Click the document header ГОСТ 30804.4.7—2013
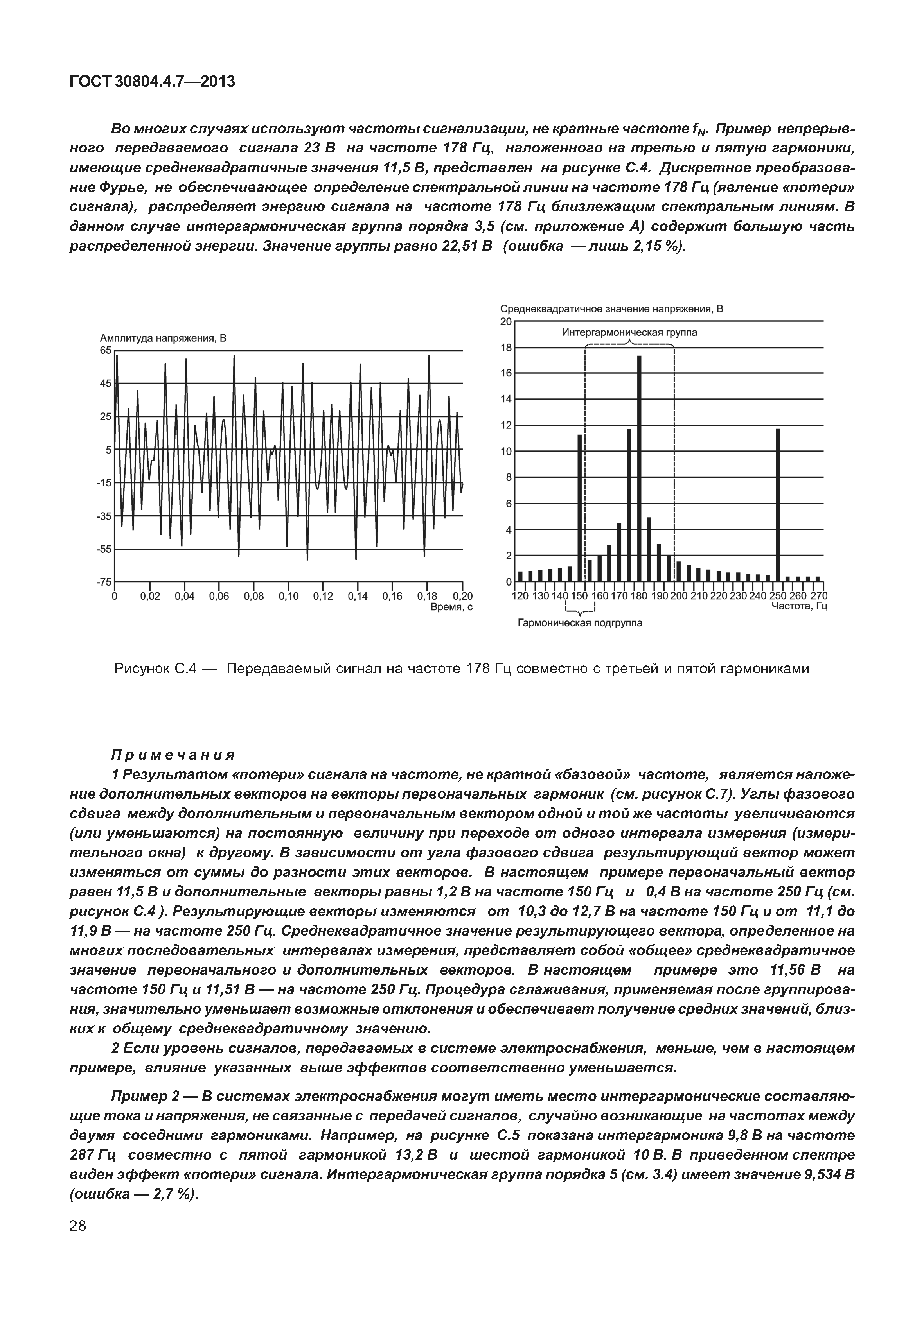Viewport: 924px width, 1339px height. (x=152, y=82)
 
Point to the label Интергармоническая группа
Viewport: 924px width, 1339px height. (x=629, y=333)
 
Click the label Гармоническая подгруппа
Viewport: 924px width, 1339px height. (x=579, y=623)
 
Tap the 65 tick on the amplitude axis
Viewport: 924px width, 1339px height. (x=105, y=350)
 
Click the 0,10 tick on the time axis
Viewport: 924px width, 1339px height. (x=289, y=597)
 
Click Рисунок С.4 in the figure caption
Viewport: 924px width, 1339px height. (x=156, y=669)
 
